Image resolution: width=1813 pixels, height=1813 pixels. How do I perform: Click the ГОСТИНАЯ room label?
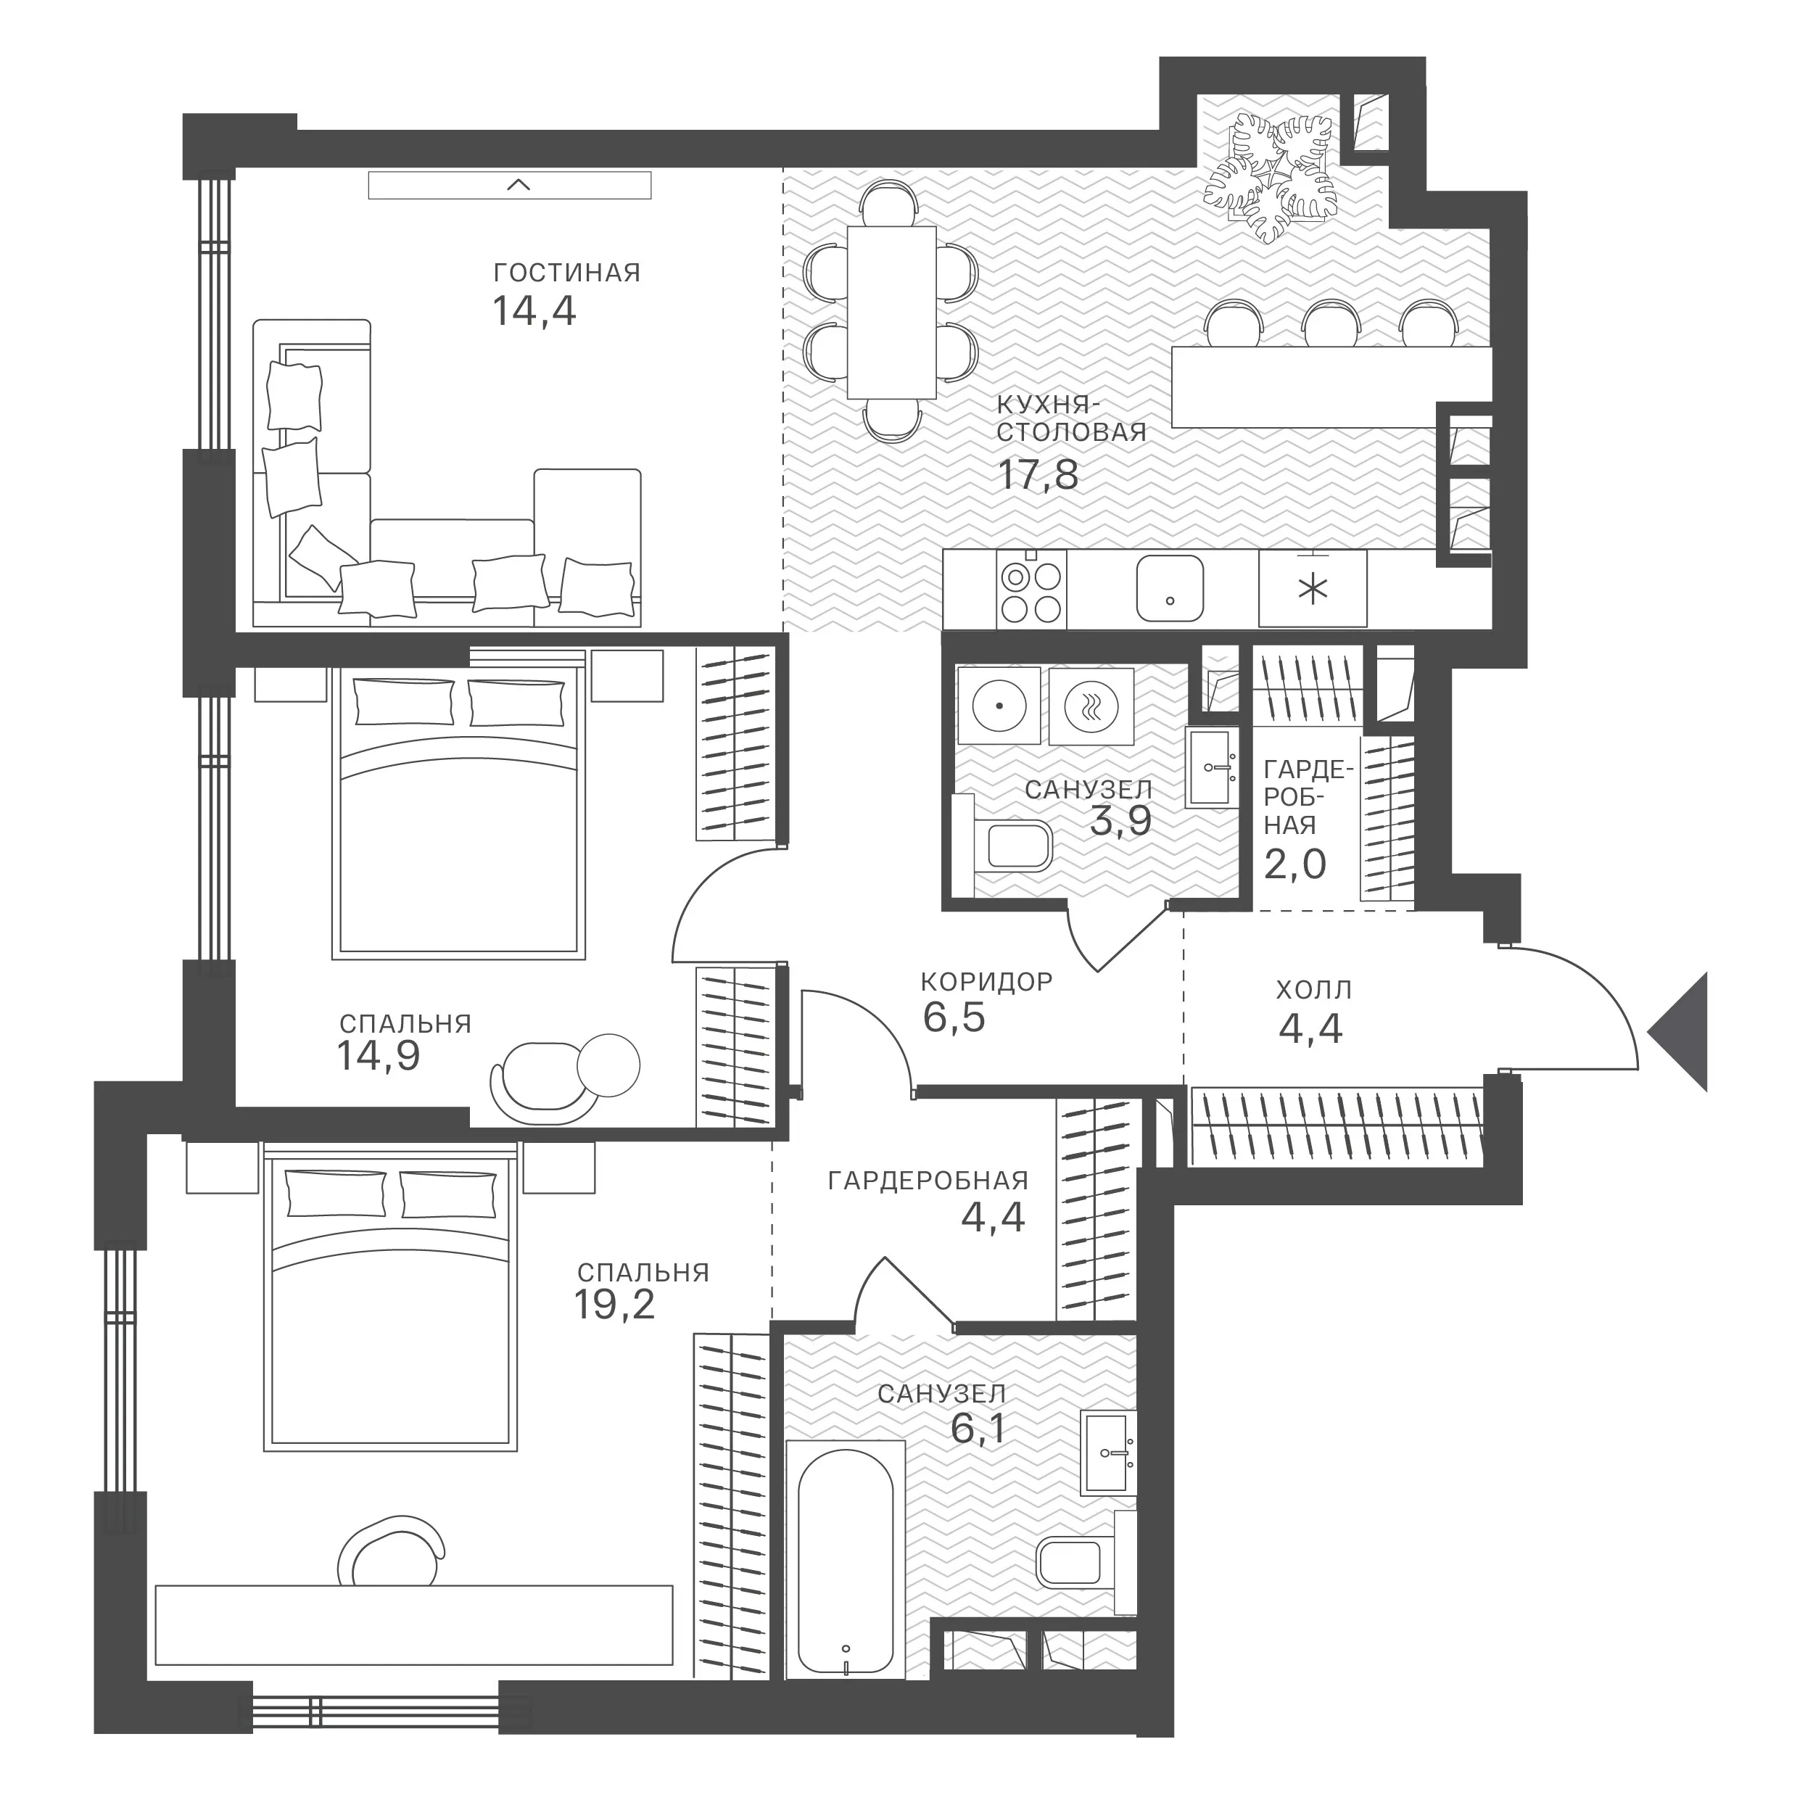567,273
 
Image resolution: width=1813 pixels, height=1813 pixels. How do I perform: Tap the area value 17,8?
1038,475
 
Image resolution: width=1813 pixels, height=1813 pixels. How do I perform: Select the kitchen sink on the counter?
1169,588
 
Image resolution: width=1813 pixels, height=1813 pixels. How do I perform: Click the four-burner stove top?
1031,590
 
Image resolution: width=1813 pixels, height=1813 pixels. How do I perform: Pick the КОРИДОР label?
986,982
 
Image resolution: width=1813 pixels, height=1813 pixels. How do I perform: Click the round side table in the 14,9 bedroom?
608,1065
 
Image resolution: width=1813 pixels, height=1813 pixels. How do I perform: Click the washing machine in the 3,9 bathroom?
1091,706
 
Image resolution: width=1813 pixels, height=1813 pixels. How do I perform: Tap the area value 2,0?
1295,863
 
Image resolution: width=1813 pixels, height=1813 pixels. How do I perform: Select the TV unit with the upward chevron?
510,185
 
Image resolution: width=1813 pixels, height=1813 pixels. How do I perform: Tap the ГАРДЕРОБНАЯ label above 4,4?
928,1181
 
